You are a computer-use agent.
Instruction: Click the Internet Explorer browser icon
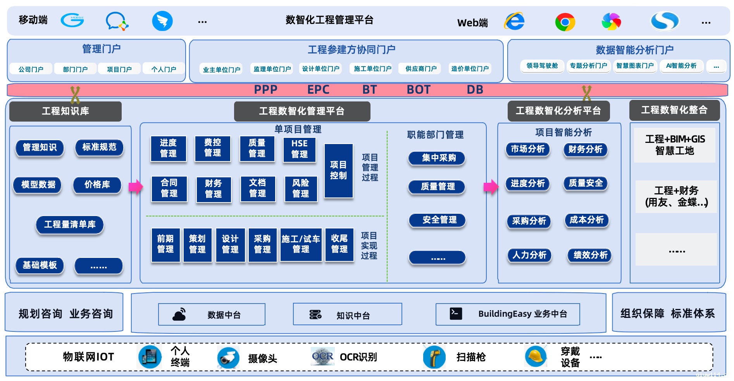coord(515,21)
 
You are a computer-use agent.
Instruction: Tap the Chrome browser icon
coord(565,22)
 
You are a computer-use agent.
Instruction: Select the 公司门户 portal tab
coord(31,69)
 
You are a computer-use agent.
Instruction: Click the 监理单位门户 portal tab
coord(272,69)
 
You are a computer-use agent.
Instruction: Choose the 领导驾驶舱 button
coord(542,66)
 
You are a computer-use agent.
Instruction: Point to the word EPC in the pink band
coord(318,90)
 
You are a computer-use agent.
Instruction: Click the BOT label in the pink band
coord(419,90)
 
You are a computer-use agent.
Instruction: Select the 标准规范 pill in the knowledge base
coord(99,147)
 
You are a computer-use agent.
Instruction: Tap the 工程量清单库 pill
coord(70,225)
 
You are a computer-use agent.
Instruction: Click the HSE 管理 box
coord(299,149)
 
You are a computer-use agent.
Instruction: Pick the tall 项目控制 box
coord(338,170)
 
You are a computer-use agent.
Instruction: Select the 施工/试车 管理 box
coord(301,244)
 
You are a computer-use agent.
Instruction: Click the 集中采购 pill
coord(437,158)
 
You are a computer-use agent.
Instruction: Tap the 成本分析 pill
coord(586,220)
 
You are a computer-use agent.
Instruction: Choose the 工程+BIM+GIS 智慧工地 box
coord(675,145)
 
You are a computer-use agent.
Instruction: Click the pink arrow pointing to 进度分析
coord(491,187)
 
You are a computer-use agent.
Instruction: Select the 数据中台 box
coord(212,314)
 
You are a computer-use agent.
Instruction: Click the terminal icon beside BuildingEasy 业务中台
coord(456,314)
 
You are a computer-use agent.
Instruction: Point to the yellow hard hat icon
coord(536,356)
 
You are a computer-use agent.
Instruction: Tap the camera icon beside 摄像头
coord(228,357)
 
